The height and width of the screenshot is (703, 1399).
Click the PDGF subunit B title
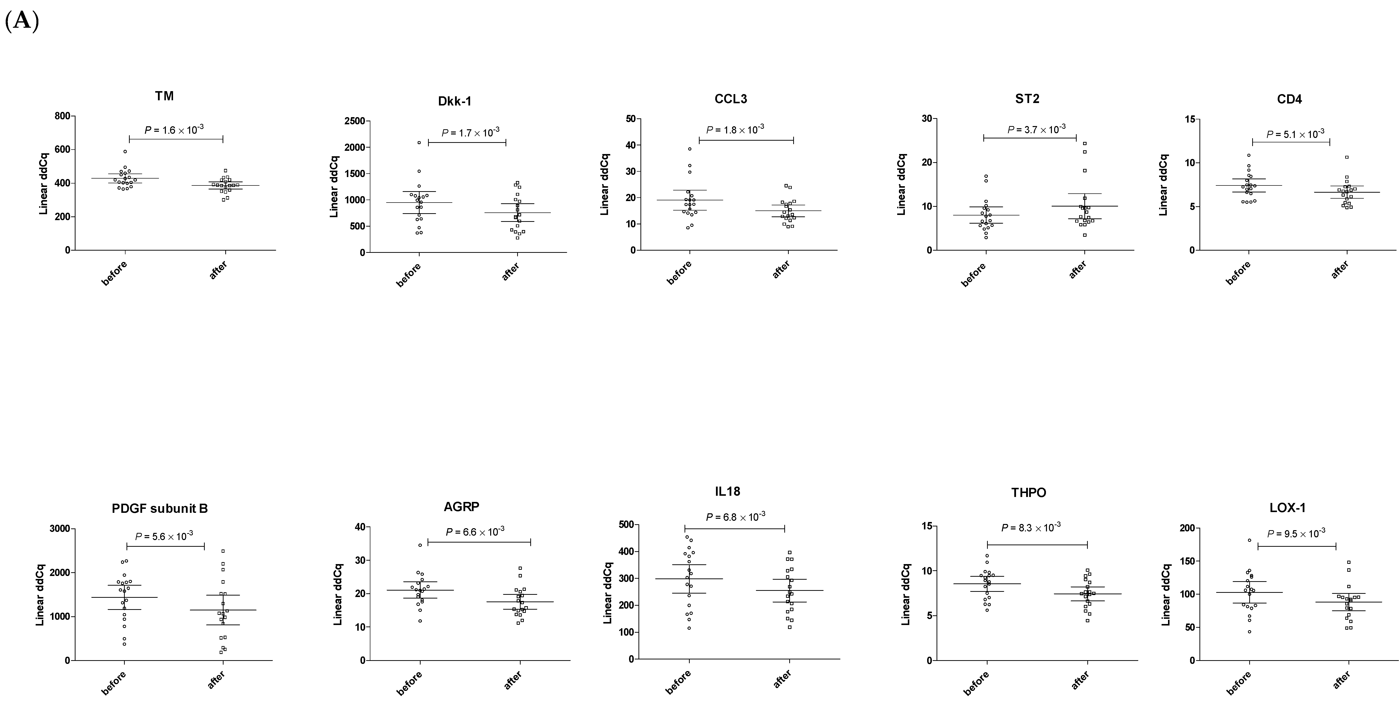tap(160, 509)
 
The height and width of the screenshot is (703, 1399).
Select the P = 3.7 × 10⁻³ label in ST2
tap(1036, 130)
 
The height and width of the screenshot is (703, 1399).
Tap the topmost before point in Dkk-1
tap(419, 143)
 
